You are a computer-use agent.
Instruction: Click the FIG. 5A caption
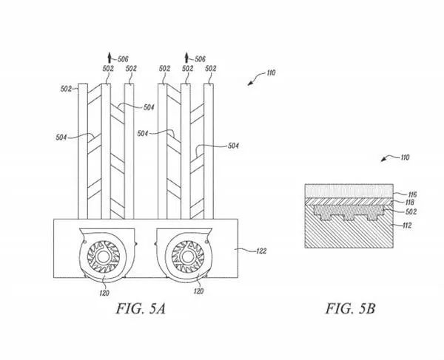[141, 308]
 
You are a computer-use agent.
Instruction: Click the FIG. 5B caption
[350, 308]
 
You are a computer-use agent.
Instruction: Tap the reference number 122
[261, 251]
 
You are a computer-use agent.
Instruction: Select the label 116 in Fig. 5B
[412, 194]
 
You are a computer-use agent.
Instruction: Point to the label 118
[409, 203]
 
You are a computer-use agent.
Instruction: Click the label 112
[406, 225]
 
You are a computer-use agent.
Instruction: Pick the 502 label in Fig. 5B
[411, 212]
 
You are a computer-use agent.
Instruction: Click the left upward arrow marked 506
[110, 58]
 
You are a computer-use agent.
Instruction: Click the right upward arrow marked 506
[186, 58]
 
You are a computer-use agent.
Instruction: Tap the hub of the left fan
[101, 257]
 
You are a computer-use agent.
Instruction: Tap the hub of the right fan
[186, 257]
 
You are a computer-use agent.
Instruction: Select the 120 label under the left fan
[104, 293]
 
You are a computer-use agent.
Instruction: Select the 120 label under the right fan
[198, 291]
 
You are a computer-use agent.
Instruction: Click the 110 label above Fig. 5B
[406, 157]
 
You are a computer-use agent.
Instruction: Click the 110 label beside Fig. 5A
[271, 73]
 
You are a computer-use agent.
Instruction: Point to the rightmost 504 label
[233, 146]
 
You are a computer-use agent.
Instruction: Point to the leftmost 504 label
[61, 137]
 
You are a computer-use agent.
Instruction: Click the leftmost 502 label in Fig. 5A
[66, 89]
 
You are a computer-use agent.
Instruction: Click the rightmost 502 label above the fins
[211, 69]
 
